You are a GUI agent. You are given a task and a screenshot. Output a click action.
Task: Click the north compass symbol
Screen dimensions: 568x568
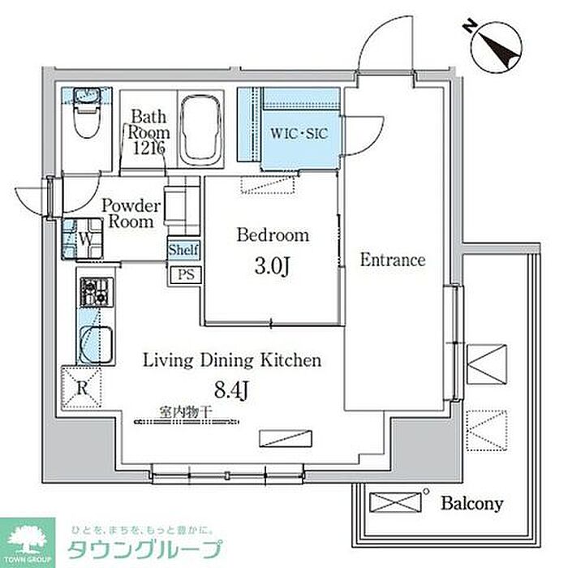[x=496, y=46]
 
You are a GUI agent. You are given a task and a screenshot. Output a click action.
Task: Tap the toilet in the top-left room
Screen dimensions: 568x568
[x=87, y=113]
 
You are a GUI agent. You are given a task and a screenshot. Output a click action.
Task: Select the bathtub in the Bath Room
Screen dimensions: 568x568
[x=200, y=130]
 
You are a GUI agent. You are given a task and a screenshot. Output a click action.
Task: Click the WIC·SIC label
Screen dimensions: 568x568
[x=299, y=134]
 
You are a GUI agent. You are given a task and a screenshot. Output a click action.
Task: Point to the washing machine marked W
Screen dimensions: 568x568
[x=82, y=239]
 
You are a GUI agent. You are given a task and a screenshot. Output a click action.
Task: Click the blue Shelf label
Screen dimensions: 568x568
[x=183, y=250]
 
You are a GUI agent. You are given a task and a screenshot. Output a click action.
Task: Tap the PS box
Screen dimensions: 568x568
[x=186, y=274]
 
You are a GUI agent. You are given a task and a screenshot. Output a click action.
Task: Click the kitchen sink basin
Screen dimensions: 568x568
[x=96, y=344]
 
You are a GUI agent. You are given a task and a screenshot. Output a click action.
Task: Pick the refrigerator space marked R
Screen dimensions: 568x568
[x=81, y=388]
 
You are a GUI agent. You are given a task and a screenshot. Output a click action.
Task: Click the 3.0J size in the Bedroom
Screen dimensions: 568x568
[x=272, y=267]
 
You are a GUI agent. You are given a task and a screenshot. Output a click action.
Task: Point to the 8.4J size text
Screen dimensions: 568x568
[x=231, y=389]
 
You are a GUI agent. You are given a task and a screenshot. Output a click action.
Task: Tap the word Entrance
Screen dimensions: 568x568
[x=393, y=260]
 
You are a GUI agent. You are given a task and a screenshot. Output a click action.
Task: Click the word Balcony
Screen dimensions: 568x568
[x=471, y=503]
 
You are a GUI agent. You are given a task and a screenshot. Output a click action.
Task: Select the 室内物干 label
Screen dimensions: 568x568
[x=186, y=412]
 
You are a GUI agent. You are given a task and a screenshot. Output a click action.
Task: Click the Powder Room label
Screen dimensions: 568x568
[x=131, y=213]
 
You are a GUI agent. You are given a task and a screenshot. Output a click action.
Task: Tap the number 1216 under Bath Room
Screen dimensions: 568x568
[x=148, y=148]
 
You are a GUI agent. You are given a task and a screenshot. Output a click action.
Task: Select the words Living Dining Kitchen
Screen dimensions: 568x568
[x=232, y=360]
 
